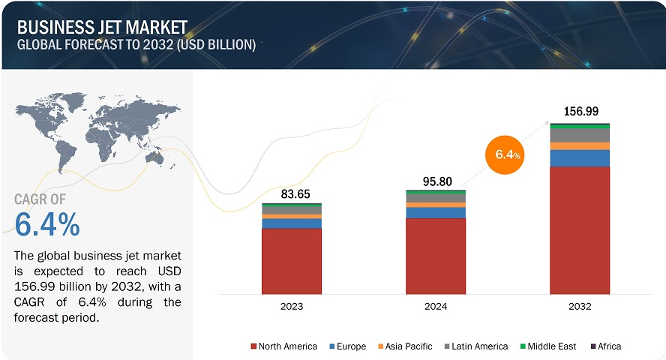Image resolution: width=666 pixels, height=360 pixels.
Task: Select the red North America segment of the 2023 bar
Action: pos(292,260)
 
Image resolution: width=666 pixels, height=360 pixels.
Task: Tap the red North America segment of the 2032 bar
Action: pos(579,229)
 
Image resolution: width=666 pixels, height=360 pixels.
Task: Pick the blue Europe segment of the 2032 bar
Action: pos(579,157)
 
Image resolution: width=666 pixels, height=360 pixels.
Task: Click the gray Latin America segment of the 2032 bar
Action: pos(579,136)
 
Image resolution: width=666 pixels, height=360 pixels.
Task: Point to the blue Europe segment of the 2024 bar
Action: pos(435,213)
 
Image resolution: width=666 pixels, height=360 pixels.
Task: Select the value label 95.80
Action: pos(435,181)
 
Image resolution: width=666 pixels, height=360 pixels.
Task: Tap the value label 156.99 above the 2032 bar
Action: pos(580,111)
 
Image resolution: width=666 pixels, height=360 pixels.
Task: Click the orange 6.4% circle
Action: pos(502,154)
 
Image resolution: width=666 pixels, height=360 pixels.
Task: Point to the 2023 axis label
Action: pos(292,307)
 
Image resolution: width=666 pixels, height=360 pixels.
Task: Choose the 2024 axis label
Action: pos(435,307)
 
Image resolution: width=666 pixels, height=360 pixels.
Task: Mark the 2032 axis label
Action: pos(579,307)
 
